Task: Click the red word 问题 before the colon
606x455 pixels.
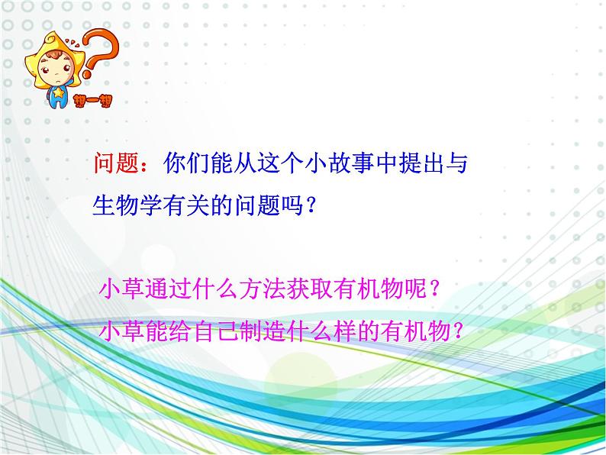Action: coord(116,163)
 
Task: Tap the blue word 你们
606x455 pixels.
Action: coord(186,163)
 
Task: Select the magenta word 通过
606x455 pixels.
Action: coord(169,289)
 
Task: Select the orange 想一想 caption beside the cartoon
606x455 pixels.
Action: coord(93,101)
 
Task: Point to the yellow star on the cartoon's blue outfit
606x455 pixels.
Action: coord(58,92)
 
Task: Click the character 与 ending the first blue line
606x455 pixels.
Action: coord(457,163)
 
